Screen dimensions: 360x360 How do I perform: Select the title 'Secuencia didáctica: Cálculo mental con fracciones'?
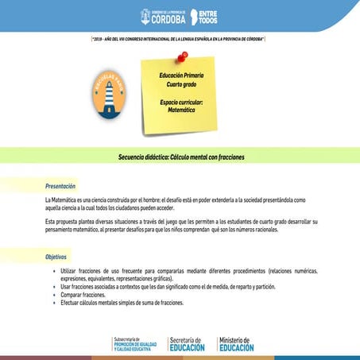click(x=181, y=157)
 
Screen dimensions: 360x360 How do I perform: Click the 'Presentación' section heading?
click(x=60, y=185)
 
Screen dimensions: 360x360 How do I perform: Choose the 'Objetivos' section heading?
click(x=56, y=257)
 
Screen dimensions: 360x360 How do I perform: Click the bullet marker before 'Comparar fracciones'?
click(x=54, y=294)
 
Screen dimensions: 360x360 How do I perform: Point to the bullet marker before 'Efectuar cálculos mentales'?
click(x=54, y=302)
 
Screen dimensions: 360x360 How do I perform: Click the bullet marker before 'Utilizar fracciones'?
click(x=54, y=272)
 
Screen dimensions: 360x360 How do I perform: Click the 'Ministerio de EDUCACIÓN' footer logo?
click(x=236, y=343)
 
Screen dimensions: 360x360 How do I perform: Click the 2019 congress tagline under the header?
click(x=179, y=38)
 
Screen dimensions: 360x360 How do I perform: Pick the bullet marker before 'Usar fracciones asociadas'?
click(x=54, y=287)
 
